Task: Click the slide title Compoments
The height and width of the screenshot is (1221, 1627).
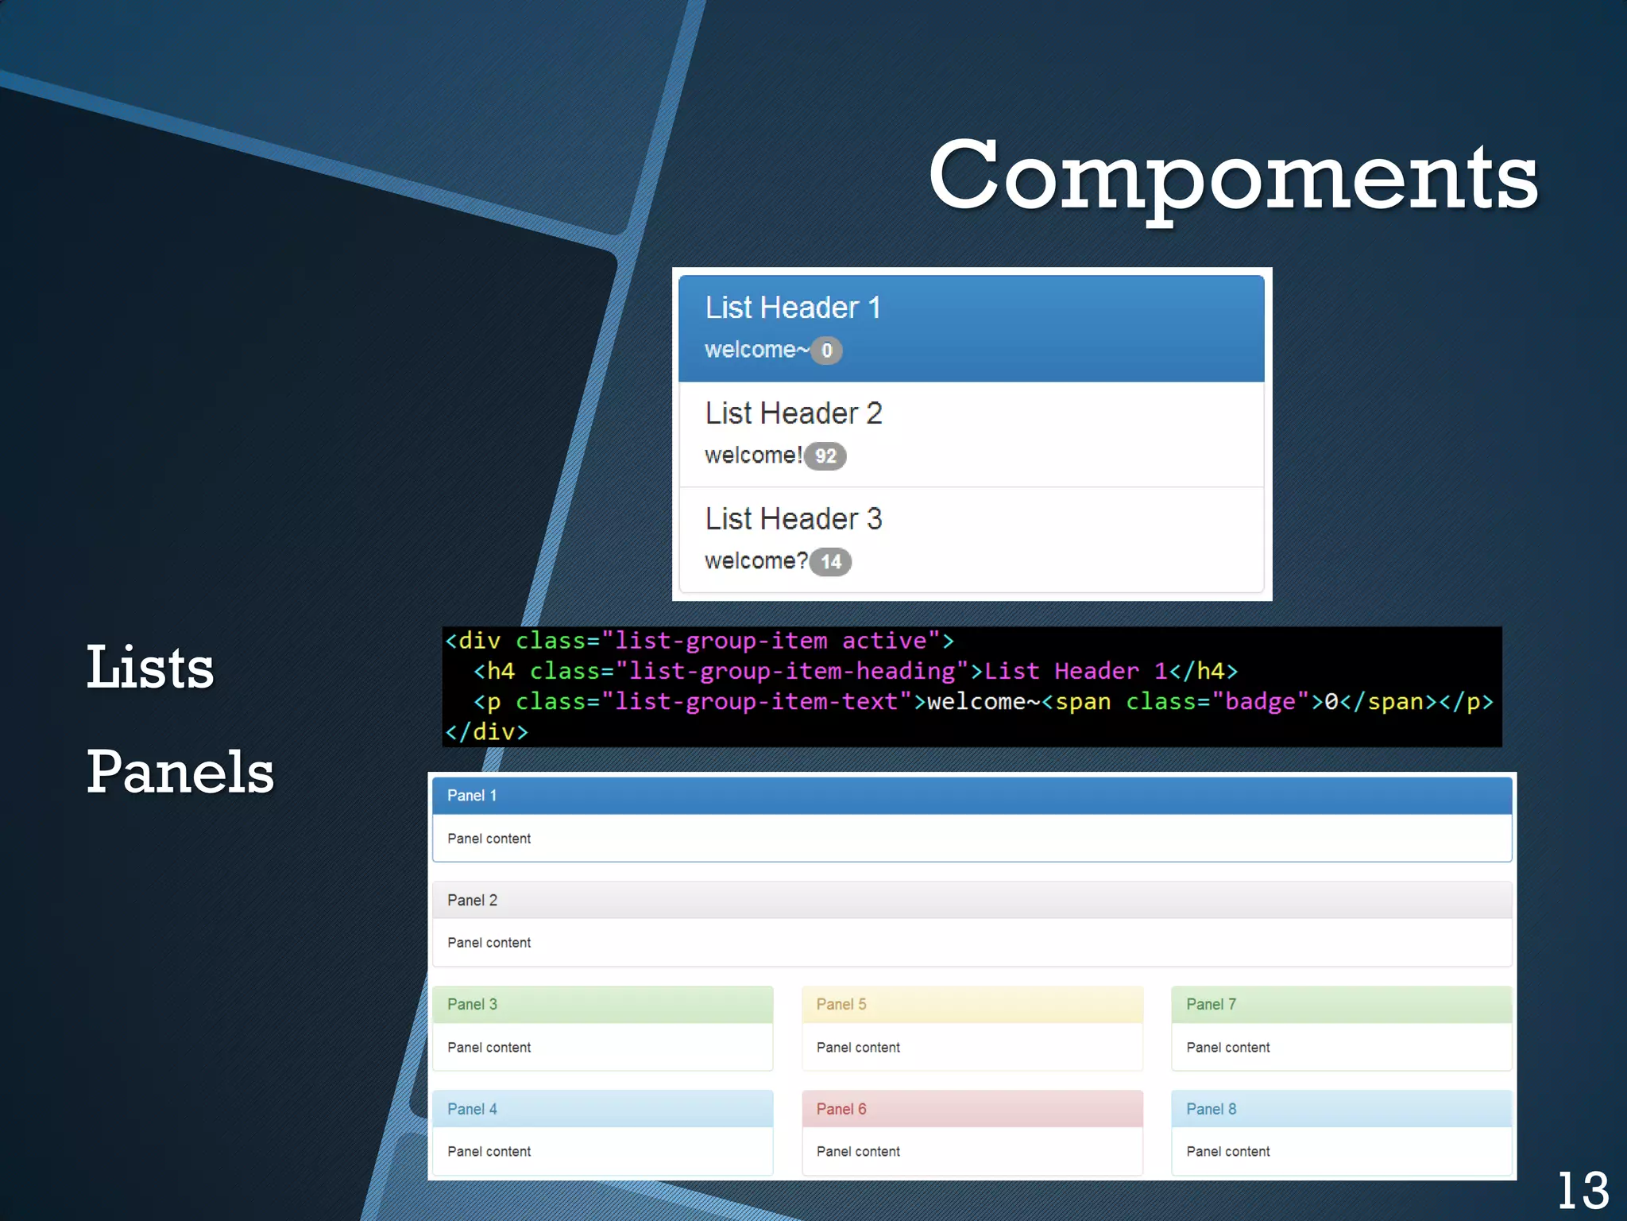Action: pos(1233,176)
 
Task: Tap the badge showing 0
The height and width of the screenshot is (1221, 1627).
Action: pos(826,351)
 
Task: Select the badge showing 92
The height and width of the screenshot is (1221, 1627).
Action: pos(825,456)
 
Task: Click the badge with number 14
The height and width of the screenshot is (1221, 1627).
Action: pos(830,562)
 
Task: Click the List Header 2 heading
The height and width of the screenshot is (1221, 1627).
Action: pos(793,413)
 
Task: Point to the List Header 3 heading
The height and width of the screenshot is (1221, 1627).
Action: pos(793,519)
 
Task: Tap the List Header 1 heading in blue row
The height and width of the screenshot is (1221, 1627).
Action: pos(793,308)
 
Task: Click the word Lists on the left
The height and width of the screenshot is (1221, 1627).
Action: pos(150,668)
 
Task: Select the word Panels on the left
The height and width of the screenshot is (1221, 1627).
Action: pos(180,772)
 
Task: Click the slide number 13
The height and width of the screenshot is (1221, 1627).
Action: pos(1583,1191)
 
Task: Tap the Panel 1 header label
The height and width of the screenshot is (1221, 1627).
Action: pos(472,796)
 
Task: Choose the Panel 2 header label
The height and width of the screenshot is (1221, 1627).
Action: pos(472,900)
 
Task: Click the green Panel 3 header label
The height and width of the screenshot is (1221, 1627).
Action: pos(472,1004)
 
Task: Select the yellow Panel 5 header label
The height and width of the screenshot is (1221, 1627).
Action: pos(841,1004)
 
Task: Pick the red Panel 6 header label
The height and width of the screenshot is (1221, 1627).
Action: pos(841,1109)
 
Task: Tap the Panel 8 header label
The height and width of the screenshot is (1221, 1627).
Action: pos(1211,1109)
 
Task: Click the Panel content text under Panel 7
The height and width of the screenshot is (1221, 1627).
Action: pos(1227,1048)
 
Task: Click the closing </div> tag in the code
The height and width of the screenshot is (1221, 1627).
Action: pos(486,732)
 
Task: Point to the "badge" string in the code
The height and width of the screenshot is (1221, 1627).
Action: pos(1260,702)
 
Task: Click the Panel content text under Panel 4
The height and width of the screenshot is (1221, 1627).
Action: pos(489,1152)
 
